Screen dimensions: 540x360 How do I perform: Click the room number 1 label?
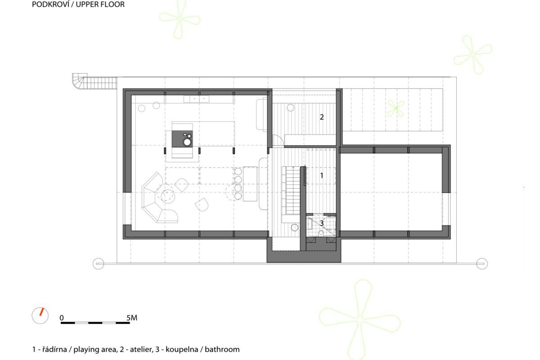322,175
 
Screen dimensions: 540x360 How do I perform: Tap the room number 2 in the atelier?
322,117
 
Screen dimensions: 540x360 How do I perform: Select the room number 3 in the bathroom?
322,223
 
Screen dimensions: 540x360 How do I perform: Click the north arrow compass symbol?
40,315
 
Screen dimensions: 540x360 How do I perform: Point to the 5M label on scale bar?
132,318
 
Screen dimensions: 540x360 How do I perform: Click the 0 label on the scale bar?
62,318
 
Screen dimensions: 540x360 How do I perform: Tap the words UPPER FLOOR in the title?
100,4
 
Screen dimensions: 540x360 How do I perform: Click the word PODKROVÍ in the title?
50,4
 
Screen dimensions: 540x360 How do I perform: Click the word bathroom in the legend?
222,349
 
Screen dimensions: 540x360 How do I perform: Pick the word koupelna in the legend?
182,349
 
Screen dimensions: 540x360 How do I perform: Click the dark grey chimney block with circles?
182,139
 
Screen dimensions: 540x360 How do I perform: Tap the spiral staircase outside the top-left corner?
94,81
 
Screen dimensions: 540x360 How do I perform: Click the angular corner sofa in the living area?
159,198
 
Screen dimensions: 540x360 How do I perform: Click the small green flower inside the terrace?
396,108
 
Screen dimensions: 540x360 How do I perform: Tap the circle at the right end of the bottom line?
482,264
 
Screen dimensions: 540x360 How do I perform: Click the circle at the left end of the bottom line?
99,264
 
